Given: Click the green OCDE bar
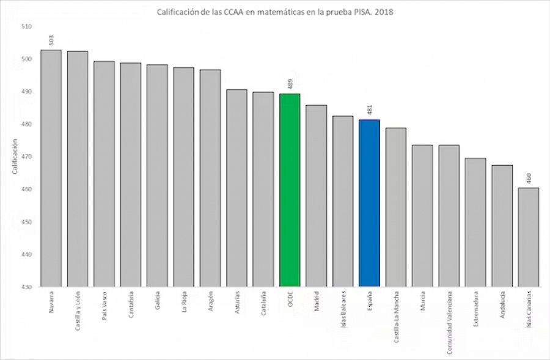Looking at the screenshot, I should pos(290,190).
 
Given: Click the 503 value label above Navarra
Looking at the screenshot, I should pos(51,40).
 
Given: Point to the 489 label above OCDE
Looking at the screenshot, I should pos(290,84).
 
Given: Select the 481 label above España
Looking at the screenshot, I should pos(369,110).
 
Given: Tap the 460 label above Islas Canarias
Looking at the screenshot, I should pos(529,178).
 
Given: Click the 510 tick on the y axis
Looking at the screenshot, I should pos(26,27).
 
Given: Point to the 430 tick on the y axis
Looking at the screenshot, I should pos(26,287).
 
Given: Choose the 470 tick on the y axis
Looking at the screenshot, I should pos(26,157).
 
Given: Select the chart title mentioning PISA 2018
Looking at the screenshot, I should pos(275,11).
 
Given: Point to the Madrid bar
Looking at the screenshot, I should pos(316,196).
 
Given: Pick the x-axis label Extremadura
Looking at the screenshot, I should pos(475,309).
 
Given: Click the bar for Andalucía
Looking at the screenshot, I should pos(502,226).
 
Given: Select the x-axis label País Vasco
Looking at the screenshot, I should pos(104,306).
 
